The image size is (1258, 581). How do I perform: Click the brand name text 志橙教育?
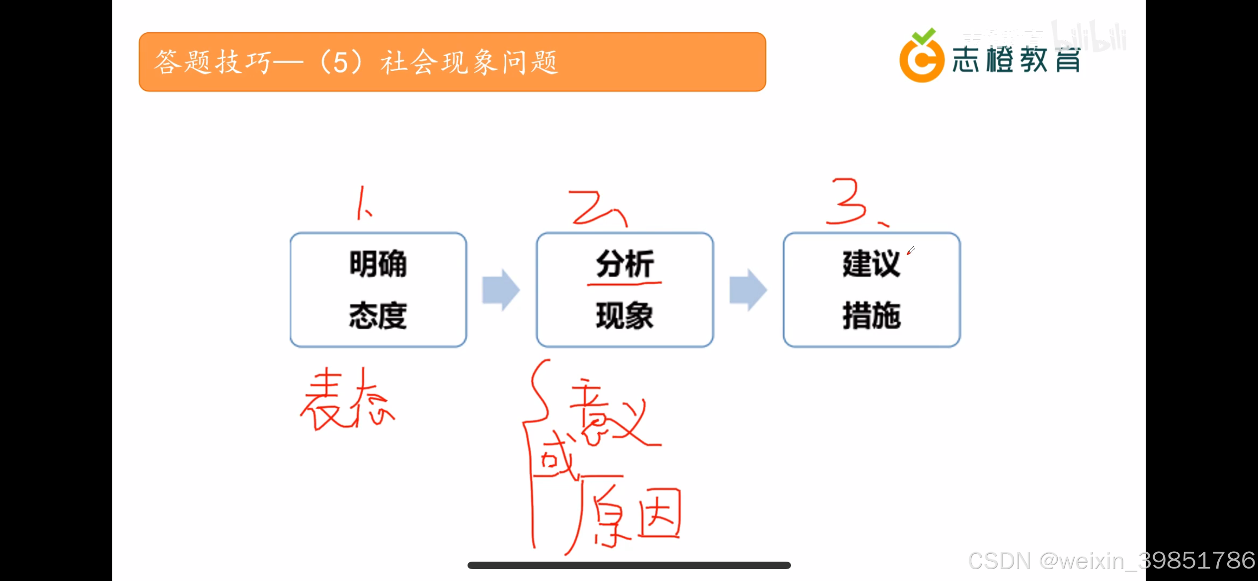click(x=1016, y=60)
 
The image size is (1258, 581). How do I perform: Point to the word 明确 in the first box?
click(x=378, y=264)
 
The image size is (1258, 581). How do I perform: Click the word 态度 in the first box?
click(x=378, y=315)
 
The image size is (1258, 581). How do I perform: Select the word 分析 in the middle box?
click(x=625, y=264)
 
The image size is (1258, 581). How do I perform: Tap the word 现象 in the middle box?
click(x=625, y=315)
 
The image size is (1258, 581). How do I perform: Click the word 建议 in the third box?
click(x=871, y=264)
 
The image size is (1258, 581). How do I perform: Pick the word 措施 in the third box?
click(x=871, y=315)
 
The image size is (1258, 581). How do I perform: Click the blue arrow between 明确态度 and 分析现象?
click(x=501, y=290)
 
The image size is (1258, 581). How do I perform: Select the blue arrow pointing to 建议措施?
click(x=748, y=290)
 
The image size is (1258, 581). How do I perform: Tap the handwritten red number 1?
click(x=363, y=203)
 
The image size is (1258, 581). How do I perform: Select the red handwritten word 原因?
click(x=633, y=516)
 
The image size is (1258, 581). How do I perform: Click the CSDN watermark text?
click(x=1111, y=561)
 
